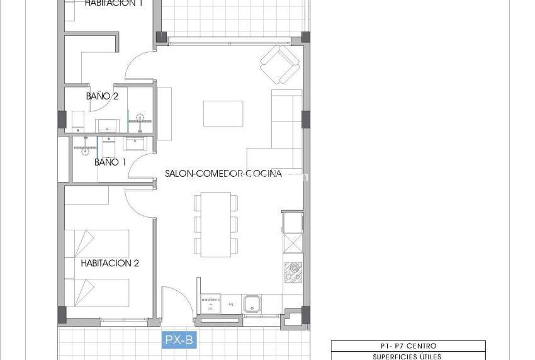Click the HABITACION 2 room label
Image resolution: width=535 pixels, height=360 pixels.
pos(110,263)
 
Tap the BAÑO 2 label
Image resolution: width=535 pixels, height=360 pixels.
pos(102,96)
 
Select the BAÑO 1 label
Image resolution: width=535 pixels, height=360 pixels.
pos(110,162)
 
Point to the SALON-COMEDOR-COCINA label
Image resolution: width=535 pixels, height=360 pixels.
pos(223,174)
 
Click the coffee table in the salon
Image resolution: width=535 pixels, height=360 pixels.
pos(223,113)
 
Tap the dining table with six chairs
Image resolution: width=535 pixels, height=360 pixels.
pos(216,223)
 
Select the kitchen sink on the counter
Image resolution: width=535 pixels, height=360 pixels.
pos(253,303)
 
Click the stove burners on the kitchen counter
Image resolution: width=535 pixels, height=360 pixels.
pos(293,271)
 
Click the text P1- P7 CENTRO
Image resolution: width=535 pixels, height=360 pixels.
pos(408,346)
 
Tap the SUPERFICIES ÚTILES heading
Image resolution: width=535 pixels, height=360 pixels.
pos(408,356)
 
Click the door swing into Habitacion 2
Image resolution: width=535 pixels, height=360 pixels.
pos(140,203)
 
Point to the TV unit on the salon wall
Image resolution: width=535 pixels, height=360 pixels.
pos(165,114)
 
